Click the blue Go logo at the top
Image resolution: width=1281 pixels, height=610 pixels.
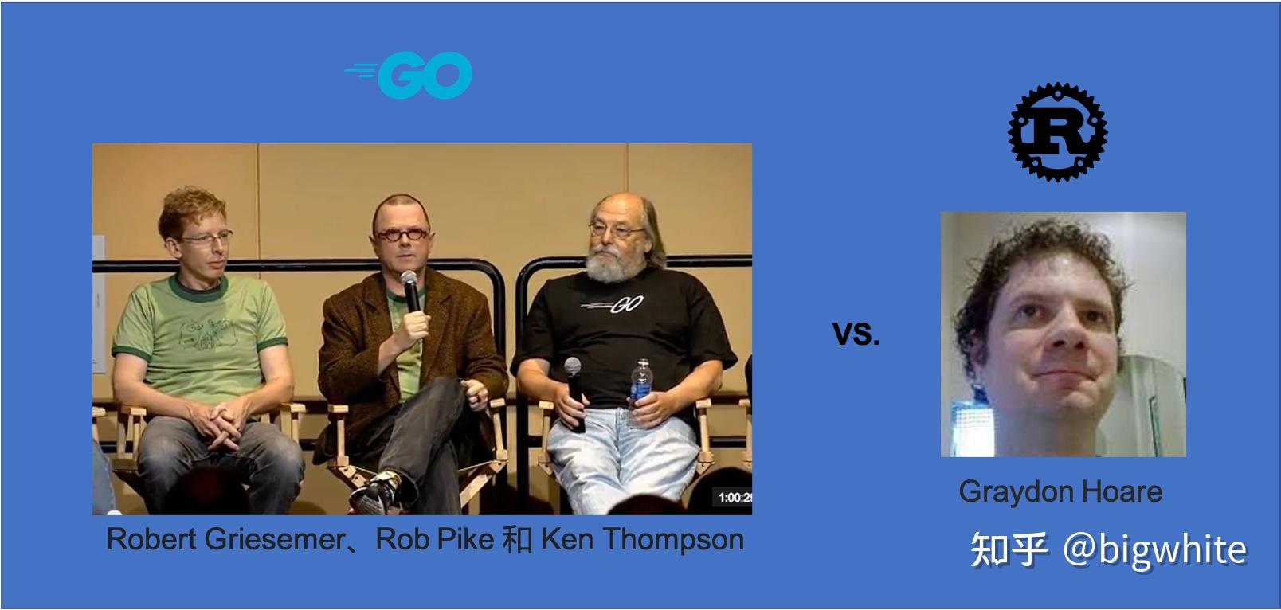click(x=409, y=75)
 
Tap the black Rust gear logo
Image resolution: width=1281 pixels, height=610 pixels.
click(x=1057, y=131)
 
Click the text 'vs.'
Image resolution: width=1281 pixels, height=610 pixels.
click(x=856, y=334)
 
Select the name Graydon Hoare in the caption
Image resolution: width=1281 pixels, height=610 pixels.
click(x=1060, y=491)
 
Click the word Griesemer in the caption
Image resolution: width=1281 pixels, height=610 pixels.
click(x=275, y=539)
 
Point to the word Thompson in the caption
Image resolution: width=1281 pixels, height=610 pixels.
click(x=673, y=539)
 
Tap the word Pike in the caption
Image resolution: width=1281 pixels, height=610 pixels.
click(x=466, y=538)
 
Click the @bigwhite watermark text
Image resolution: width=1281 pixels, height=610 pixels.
click(x=1154, y=550)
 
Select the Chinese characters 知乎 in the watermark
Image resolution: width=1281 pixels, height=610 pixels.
click(x=1009, y=549)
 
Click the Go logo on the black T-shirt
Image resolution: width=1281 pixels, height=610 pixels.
click(x=613, y=305)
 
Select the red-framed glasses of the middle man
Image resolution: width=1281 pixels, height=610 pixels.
click(x=402, y=234)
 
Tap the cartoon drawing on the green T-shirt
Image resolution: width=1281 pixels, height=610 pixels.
click(x=207, y=334)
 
